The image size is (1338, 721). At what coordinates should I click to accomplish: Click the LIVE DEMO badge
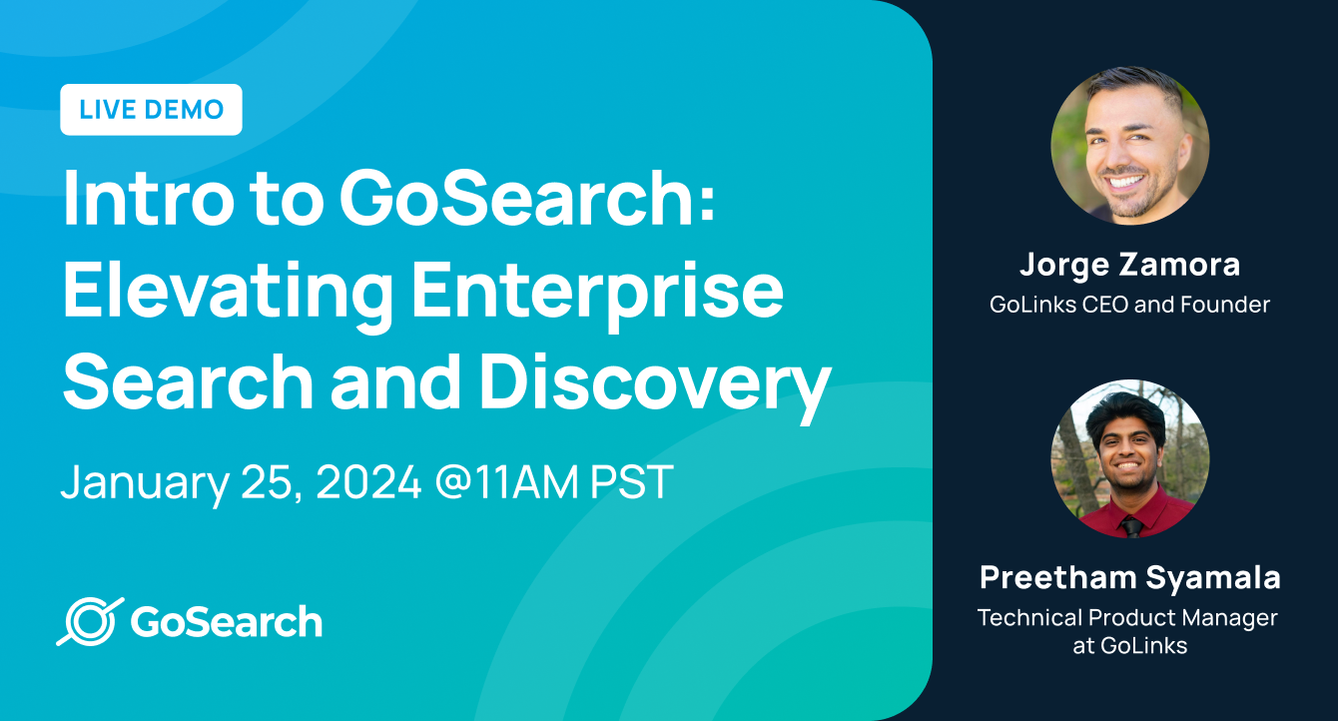(x=151, y=110)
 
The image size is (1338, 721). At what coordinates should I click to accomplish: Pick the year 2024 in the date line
(x=368, y=482)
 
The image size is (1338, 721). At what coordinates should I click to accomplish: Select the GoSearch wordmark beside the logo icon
(x=227, y=621)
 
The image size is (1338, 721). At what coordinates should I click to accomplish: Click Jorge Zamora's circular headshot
(x=1129, y=146)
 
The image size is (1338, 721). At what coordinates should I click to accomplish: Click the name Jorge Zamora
(x=1129, y=266)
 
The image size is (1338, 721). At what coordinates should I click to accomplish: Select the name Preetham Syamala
(x=1129, y=577)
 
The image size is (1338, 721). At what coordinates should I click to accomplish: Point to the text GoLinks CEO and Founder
(x=1129, y=305)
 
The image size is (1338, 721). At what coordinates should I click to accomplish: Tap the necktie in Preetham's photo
(x=1131, y=526)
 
